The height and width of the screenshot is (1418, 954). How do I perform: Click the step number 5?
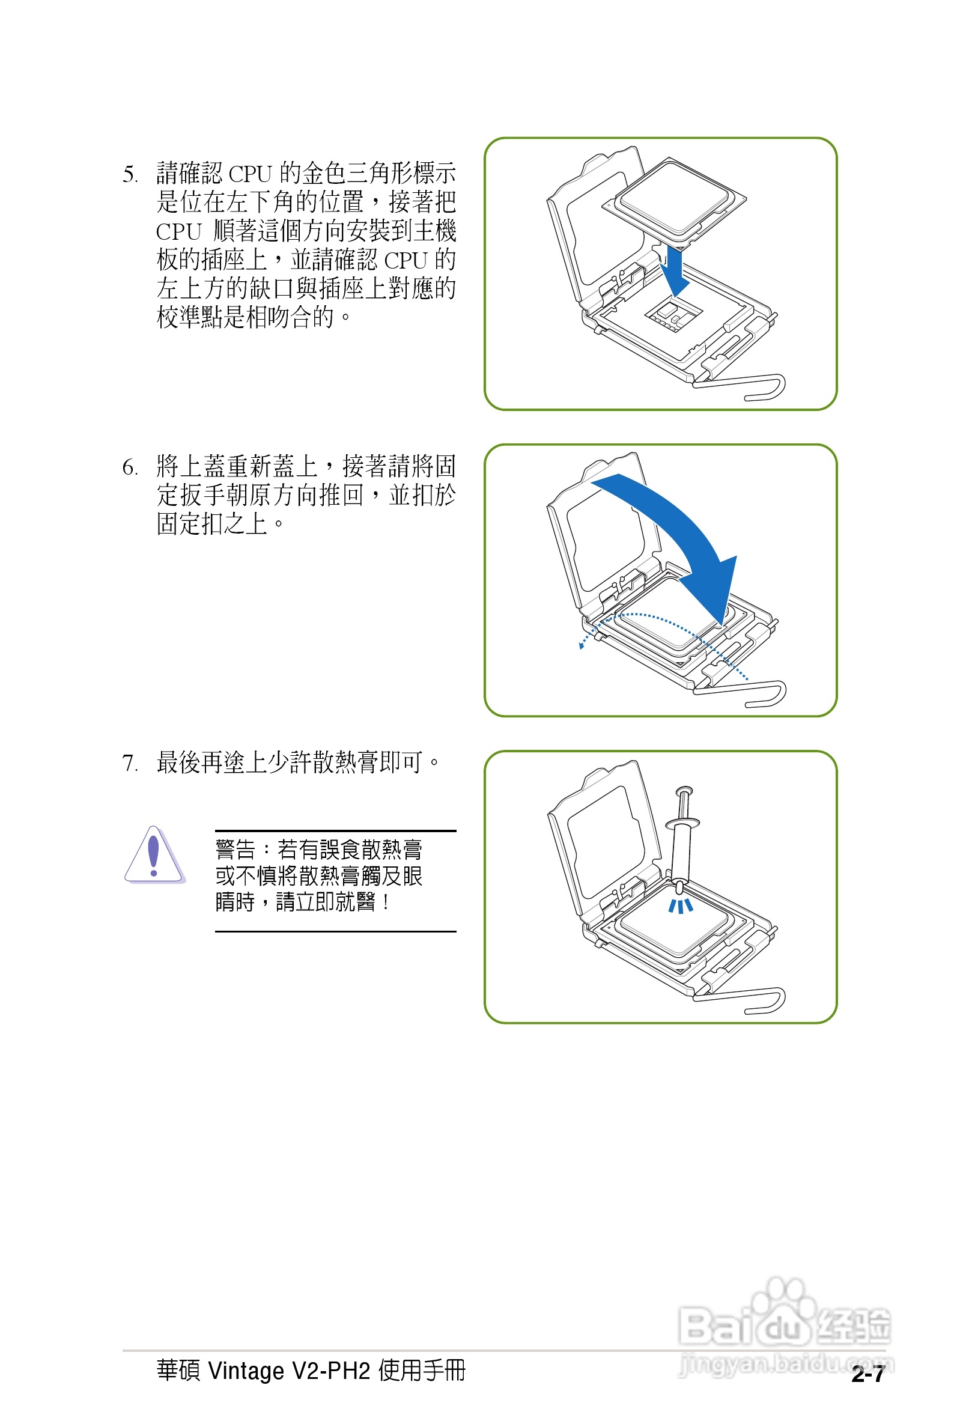point(129,175)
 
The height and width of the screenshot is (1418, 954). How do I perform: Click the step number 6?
point(129,467)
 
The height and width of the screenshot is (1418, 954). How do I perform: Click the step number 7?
point(129,763)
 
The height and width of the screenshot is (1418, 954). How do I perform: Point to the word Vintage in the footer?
point(246,1371)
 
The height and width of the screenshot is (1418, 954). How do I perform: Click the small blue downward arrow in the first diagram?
point(673,272)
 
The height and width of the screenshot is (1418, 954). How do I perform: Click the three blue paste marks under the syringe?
point(680,907)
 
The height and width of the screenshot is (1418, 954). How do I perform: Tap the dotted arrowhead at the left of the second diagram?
point(582,645)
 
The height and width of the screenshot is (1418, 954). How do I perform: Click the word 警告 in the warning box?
point(235,849)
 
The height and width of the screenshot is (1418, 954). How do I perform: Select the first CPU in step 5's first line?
point(249,175)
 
